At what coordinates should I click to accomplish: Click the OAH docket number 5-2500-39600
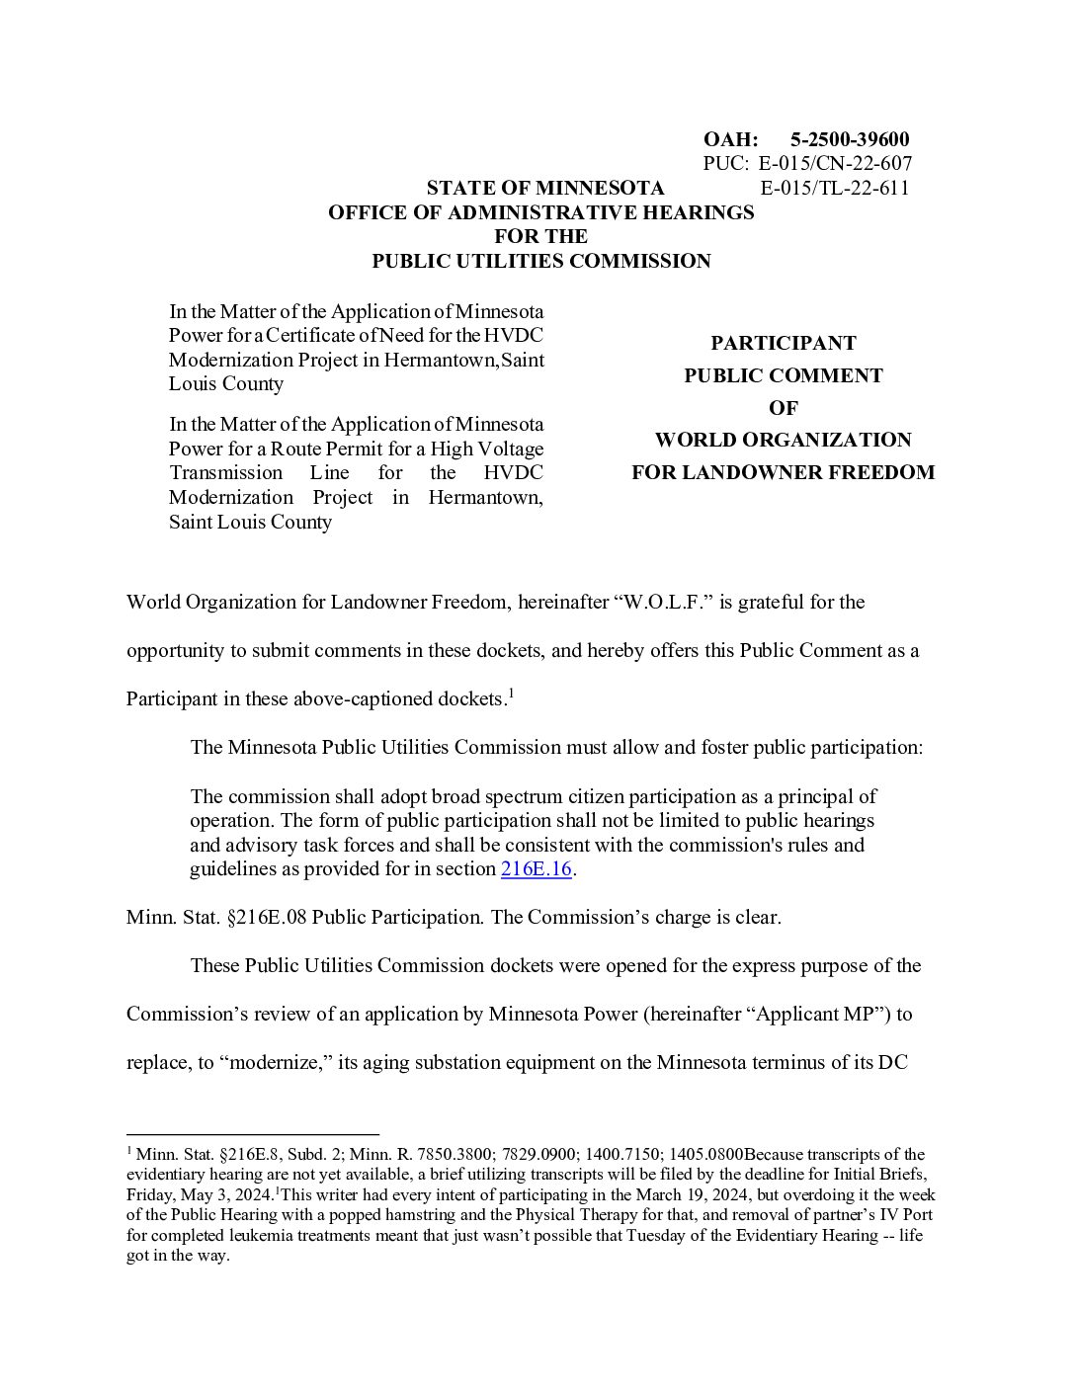[x=850, y=139]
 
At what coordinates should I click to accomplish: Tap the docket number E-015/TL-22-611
[x=835, y=188]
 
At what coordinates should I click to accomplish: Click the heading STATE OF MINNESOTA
[x=545, y=188]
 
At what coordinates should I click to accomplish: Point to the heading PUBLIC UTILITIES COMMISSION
[x=540, y=261]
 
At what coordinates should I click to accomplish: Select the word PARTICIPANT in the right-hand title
[x=783, y=343]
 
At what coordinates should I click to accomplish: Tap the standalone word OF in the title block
[x=783, y=407]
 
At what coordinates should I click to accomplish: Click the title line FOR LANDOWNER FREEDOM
[x=783, y=472]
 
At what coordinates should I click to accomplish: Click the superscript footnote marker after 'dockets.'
[x=510, y=694]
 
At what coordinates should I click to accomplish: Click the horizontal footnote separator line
[x=253, y=1134]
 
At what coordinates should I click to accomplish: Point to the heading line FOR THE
[x=540, y=236]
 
